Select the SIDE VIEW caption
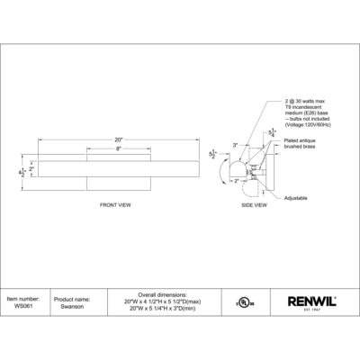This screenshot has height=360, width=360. tap(256, 206)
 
